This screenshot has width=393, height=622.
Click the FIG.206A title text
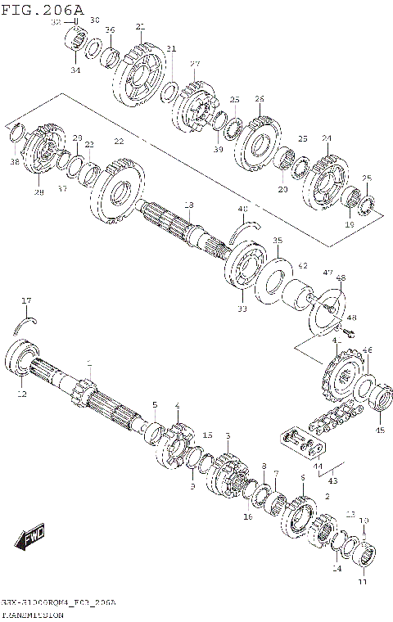42,8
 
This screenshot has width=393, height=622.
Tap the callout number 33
242,309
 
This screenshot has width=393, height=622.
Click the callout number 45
378,430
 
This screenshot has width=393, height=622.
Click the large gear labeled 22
119,190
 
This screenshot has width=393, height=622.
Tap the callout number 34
75,70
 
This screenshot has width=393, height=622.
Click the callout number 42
302,266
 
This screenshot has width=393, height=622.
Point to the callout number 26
260,99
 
